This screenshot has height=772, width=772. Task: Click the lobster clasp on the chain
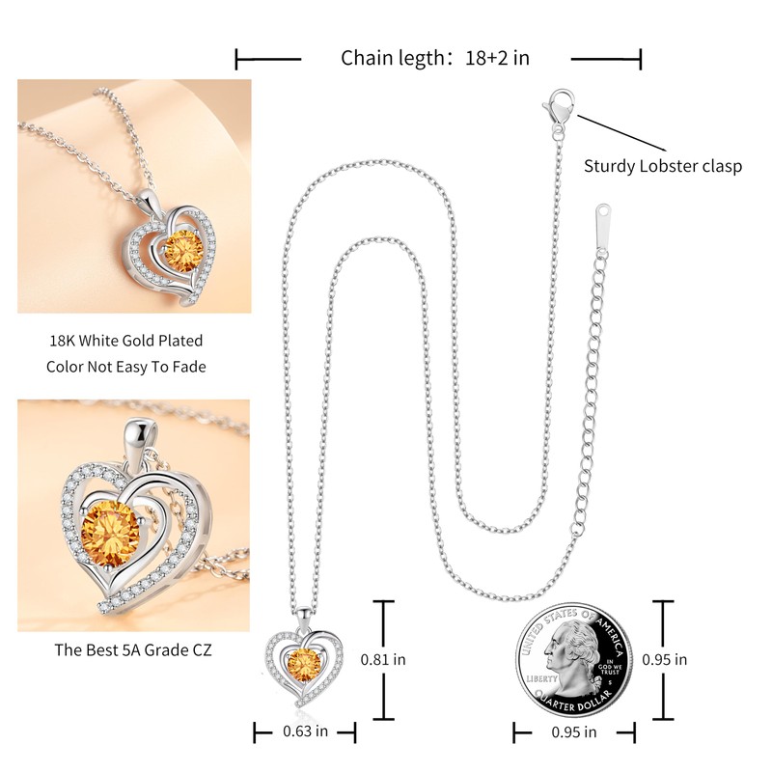point(558,105)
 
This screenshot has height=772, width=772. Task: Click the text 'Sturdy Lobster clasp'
point(662,166)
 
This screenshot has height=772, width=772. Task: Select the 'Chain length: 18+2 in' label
point(435,58)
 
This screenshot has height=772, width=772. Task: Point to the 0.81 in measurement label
point(382,660)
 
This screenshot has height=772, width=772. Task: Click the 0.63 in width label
point(305,731)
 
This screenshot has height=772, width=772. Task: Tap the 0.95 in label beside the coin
point(665,660)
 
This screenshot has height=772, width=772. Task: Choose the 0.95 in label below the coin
point(574,731)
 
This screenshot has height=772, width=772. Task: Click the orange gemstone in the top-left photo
point(181,253)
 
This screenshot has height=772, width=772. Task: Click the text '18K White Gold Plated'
point(126,341)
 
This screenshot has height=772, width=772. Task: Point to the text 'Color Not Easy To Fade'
point(126,367)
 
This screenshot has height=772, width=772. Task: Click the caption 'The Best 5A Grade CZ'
point(132,649)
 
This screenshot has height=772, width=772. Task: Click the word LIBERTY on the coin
point(543,679)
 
